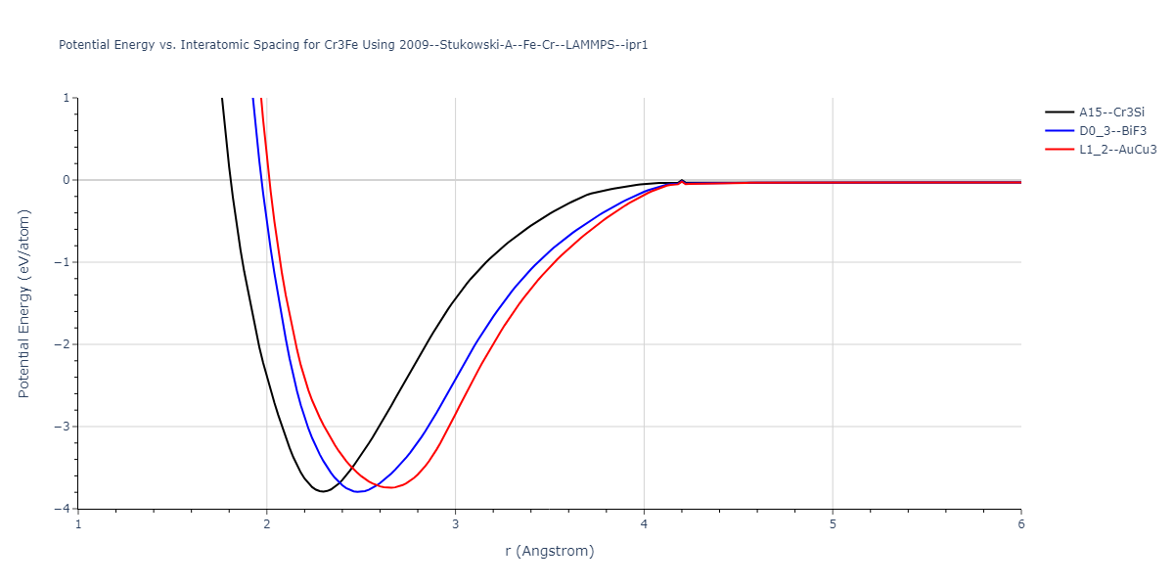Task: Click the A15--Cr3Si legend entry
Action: (1111, 113)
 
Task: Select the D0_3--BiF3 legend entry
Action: (1110, 131)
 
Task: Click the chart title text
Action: (353, 45)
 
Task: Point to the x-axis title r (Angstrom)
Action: (549, 551)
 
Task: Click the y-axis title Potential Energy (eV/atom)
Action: (24, 302)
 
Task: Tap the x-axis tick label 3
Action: (455, 524)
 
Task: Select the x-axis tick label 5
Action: (833, 524)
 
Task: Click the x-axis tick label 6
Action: (1020, 524)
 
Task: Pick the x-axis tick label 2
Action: (267, 524)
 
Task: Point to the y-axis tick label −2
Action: (62, 344)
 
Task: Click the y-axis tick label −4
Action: (62, 509)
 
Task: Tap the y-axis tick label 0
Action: (65, 180)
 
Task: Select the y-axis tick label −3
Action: (62, 427)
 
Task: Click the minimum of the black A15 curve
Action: (323, 491)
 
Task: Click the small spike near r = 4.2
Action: (682, 181)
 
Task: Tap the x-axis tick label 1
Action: (78, 524)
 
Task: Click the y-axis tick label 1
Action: (65, 98)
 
